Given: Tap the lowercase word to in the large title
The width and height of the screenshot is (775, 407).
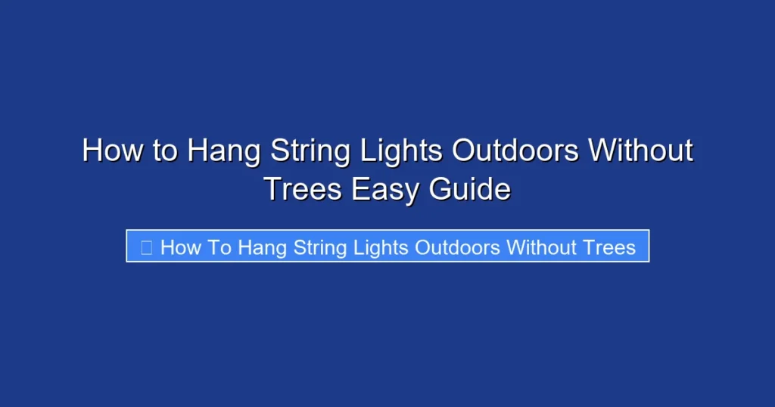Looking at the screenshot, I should click(x=164, y=151).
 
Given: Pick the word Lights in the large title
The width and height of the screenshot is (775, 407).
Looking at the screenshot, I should click(x=402, y=151).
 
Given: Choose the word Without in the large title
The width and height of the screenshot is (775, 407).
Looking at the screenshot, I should click(x=640, y=151).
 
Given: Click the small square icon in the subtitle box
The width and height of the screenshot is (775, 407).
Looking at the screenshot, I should click(x=147, y=247).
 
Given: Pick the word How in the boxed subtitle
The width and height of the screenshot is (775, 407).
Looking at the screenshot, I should click(x=179, y=247).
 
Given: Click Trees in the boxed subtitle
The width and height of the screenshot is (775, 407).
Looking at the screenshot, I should click(x=612, y=247).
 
